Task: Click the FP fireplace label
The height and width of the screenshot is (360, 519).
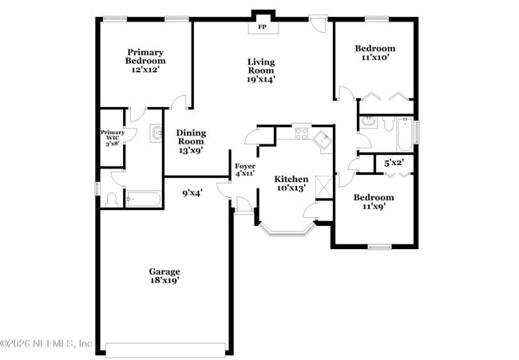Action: pos(261,27)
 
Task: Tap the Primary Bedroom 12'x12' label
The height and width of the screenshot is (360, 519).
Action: pos(145,61)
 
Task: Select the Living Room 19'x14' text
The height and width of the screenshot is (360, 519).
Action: pos(261,70)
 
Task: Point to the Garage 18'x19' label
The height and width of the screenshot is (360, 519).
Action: pos(164,275)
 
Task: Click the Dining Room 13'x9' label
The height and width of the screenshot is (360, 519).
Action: pos(191,141)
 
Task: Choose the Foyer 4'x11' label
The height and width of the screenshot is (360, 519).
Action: pos(244,168)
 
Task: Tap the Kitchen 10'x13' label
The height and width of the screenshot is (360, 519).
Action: pos(291,183)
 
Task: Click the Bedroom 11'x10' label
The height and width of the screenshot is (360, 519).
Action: pos(374,53)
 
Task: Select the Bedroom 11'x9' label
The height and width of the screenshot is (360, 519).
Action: pos(374,202)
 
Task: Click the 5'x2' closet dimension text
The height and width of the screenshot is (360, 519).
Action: pos(394,163)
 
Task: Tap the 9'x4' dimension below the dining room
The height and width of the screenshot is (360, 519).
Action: pos(192,192)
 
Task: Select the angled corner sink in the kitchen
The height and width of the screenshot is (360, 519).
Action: pos(323,141)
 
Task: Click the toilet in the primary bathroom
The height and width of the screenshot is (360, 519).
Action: pos(113,198)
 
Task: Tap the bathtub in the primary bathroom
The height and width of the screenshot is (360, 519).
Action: pos(145,198)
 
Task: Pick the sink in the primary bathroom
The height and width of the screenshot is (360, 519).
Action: pos(155,133)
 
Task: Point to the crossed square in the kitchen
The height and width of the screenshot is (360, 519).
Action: pos(323,185)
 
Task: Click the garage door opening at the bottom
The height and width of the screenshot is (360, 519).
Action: pos(165,350)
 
